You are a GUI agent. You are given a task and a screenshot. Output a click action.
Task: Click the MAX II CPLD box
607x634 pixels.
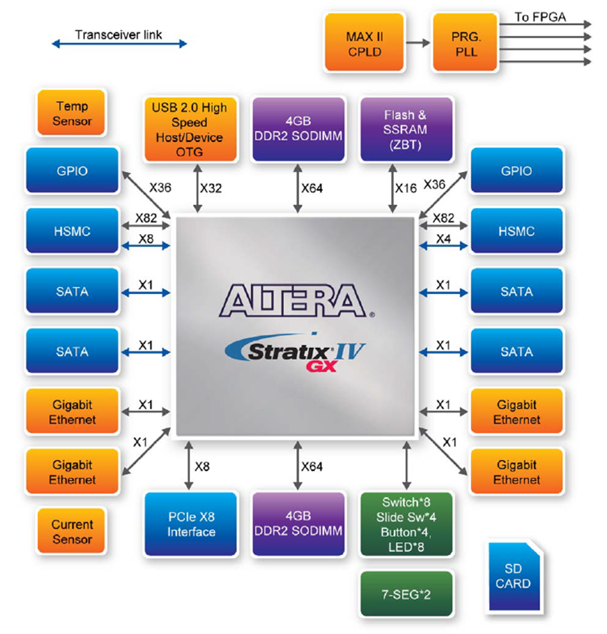tap(364, 42)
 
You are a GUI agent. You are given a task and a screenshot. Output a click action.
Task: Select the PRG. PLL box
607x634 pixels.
tap(465, 42)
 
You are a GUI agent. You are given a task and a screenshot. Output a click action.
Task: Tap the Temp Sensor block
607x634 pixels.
tap(71, 113)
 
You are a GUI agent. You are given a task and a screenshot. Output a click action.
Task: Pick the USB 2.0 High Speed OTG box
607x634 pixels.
tap(190, 129)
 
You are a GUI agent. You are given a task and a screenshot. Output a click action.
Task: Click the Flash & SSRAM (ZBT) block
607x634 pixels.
tap(406, 129)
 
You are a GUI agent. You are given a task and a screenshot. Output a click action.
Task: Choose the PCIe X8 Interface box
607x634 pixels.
tap(190, 524)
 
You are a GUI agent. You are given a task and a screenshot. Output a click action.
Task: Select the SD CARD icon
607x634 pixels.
tap(514, 576)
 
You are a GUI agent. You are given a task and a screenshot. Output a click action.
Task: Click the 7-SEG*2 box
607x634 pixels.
tap(406, 594)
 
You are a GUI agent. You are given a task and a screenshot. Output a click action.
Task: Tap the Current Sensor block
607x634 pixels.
tap(71, 531)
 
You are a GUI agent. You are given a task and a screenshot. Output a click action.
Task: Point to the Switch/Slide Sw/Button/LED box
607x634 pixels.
tap(406, 524)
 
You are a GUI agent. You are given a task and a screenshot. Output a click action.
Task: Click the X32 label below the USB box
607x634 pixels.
tap(211, 188)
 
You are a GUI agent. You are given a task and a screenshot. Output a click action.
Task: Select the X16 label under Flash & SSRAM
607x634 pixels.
tap(405, 188)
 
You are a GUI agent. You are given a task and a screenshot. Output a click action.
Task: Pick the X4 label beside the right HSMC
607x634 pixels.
tap(443, 239)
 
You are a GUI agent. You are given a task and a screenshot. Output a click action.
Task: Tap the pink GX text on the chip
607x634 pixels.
tap(322, 366)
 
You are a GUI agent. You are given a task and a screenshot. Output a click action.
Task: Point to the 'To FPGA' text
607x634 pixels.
tap(540, 17)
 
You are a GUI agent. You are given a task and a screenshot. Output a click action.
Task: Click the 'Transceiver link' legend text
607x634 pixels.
tap(119, 35)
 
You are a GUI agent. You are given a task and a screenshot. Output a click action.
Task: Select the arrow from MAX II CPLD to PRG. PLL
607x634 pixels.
tap(418, 42)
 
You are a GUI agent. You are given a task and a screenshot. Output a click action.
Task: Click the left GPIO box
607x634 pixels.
tap(72, 170)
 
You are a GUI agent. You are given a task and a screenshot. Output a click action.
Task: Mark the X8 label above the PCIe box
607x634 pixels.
tap(202, 467)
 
